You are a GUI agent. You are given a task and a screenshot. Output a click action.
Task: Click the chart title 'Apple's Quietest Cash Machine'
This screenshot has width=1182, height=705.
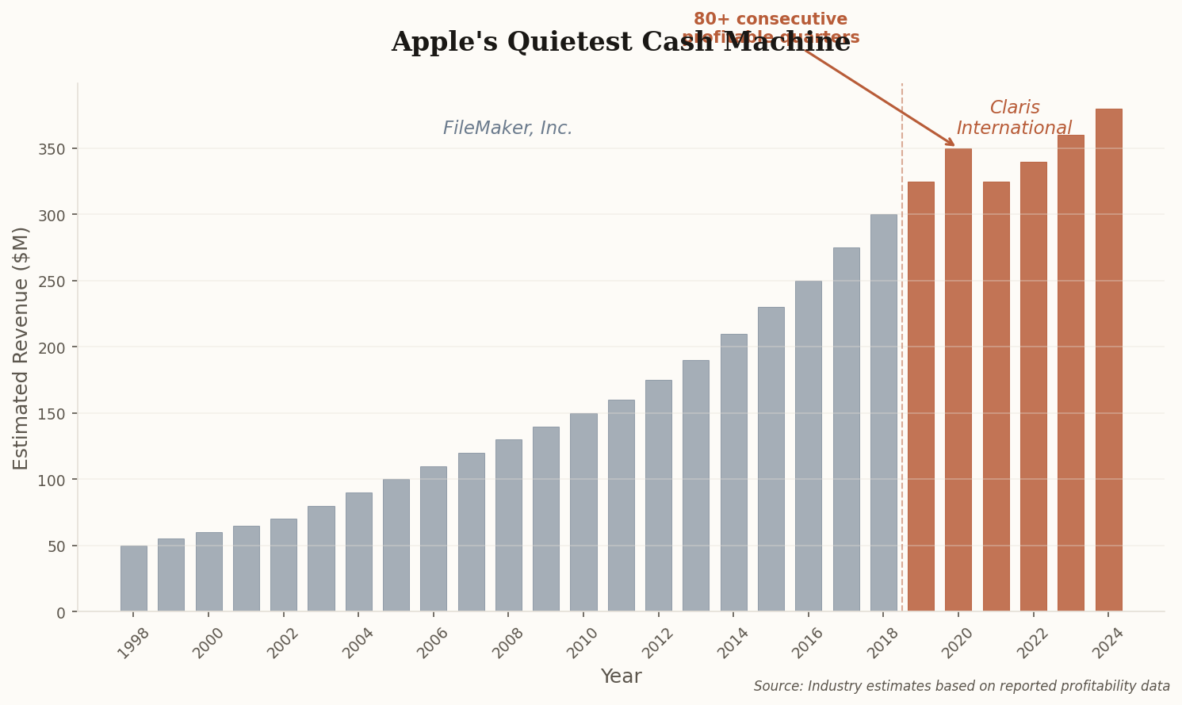(620, 43)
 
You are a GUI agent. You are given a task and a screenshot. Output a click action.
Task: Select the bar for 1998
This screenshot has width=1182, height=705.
(133, 578)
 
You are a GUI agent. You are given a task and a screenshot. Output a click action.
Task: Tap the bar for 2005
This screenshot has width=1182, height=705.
(396, 545)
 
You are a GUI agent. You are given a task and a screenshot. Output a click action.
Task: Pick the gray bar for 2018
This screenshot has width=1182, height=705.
(883, 412)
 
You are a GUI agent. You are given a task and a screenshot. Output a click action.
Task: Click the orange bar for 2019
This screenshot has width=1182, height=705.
(920, 397)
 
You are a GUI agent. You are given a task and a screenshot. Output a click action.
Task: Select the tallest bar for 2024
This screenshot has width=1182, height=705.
(1108, 360)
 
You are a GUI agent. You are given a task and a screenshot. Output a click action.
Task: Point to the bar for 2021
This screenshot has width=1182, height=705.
(996, 397)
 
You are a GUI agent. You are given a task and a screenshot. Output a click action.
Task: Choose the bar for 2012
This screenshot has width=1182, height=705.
(658, 496)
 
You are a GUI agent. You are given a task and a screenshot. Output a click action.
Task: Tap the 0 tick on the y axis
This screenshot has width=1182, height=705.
(61, 612)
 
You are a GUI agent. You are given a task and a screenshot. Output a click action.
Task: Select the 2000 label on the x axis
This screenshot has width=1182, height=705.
(209, 643)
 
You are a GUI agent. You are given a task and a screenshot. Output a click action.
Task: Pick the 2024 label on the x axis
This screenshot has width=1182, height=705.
(1109, 643)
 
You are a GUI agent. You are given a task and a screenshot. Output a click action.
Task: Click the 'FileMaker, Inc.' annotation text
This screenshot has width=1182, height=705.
(507, 128)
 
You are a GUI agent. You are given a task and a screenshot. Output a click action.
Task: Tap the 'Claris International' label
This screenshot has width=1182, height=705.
(1014, 118)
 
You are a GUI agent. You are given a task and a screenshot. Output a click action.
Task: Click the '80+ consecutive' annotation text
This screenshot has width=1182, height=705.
(771, 20)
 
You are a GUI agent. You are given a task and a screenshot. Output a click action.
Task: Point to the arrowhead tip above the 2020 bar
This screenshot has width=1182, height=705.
(955, 146)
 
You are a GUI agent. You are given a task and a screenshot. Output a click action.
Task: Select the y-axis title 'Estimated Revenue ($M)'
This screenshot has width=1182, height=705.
(21, 347)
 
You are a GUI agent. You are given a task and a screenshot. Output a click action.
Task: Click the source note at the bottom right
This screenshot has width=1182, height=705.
(961, 687)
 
